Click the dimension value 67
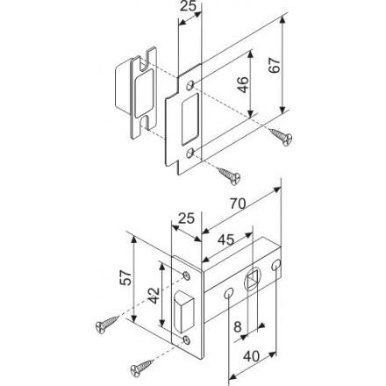275,65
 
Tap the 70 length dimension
237,204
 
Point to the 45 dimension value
226,239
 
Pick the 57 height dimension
125,277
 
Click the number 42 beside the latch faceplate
154,296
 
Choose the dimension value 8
238,326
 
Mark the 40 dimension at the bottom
252,356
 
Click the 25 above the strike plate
188,6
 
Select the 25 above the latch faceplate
186,218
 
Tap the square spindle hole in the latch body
253,280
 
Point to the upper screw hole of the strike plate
190,85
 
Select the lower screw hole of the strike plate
190,153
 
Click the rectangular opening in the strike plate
190,119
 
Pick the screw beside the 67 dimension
281,136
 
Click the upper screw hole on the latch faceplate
186,275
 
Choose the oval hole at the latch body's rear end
275,265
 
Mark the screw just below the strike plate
229,176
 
